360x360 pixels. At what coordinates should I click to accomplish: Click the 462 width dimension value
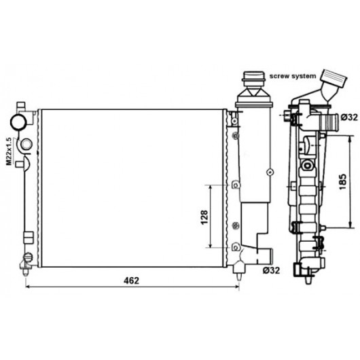coord(131,281)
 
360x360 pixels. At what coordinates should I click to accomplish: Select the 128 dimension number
coord(204,217)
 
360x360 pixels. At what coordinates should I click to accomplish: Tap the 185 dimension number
coord(342,182)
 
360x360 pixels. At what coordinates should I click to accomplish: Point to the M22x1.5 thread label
coord(9,151)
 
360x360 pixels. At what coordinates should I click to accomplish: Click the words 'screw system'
coord(293,76)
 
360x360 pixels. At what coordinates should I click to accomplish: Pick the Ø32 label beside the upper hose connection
coord(349,118)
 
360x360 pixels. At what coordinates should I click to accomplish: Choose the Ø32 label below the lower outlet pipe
coord(272,271)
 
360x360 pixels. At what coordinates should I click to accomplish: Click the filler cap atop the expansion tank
coord(254,79)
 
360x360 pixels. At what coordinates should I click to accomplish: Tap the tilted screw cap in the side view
coord(334,78)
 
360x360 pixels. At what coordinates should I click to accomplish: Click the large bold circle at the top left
coord(18,122)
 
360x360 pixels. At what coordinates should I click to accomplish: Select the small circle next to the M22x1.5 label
coord(26,144)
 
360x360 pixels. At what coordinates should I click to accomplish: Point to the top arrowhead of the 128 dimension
coord(210,187)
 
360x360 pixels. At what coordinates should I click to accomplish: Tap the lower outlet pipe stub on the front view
coord(265,256)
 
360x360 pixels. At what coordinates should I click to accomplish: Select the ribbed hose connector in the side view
coord(329,122)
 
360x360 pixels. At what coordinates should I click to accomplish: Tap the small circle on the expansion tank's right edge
coord(270,172)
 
